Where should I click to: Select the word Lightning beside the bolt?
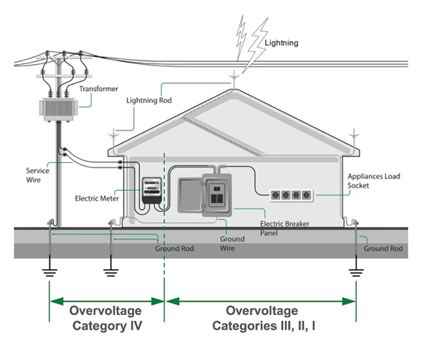tap(281, 43)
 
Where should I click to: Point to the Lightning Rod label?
tap(149, 101)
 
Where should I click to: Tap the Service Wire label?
tap(37, 175)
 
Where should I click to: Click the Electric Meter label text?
tap(97, 199)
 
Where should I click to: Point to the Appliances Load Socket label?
tap(374, 180)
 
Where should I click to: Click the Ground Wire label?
tap(233, 244)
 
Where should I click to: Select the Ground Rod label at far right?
tap(383, 249)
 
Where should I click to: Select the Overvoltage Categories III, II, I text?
tap(262, 318)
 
